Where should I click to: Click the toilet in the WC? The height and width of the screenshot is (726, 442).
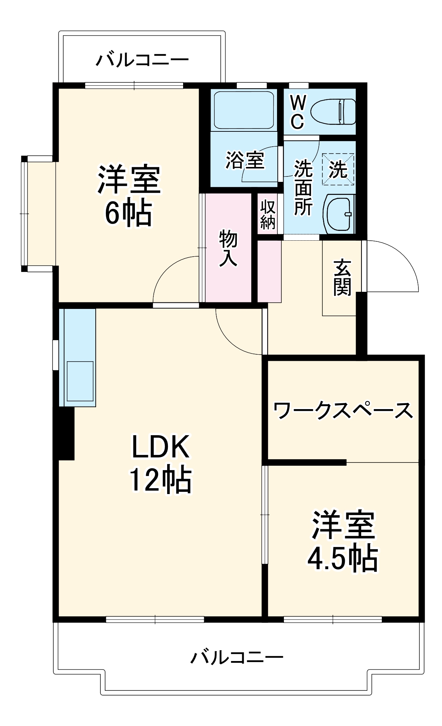(333, 111)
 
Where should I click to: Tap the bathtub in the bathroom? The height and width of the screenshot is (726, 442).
(244, 110)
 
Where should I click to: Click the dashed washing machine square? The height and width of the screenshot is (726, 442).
(338, 169)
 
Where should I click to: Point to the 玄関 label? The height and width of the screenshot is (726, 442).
(342, 277)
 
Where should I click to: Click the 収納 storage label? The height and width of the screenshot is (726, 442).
(268, 214)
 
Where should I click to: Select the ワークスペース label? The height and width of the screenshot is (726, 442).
(343, 410)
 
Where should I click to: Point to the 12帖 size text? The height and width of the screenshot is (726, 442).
(161, 479)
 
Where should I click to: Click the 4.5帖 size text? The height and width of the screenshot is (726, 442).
(343, 558)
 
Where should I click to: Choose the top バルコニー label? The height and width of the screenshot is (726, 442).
(142, 60)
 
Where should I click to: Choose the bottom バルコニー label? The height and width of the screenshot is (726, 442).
(237, 657)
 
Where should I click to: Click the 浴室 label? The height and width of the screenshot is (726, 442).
(245, 160)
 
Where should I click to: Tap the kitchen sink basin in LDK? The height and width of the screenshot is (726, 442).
(80, 381)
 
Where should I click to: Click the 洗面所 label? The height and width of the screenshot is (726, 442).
(303, 188)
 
